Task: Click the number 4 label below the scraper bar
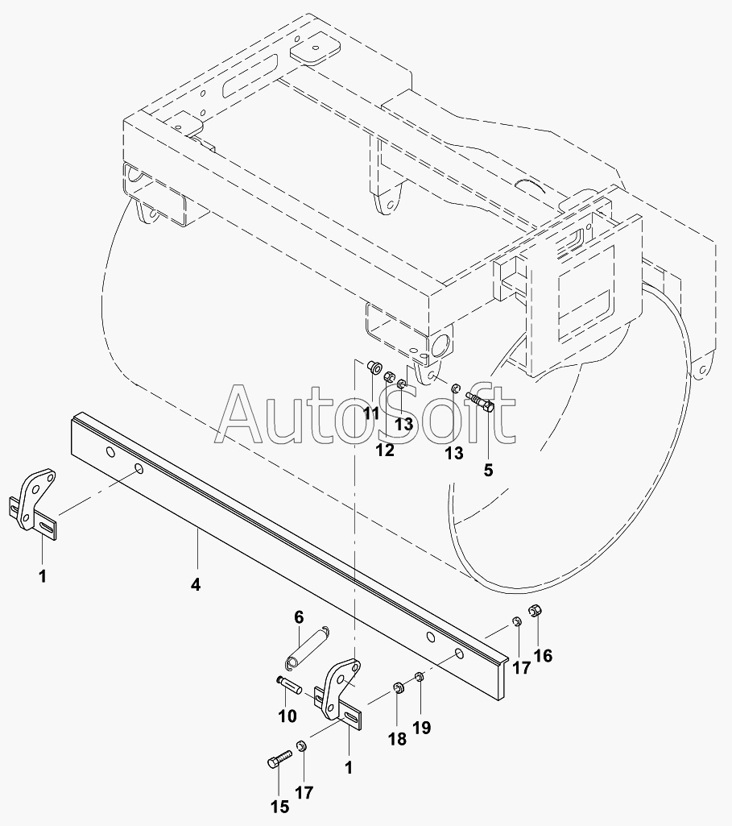[x=196, y=585]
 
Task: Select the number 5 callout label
[x=488, y=470]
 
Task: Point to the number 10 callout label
[x=287, y=716]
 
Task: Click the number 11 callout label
[x=370, y=414]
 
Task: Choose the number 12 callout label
[x=385, y=450]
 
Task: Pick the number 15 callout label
[x=279, y=807]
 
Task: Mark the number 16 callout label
[x=543, y=656]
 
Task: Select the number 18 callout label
[x=397, y=739]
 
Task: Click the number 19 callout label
[x=422, y=728]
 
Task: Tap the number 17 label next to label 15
[x=304, y=792]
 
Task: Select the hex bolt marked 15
[x=276, y=760]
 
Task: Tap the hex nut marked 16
[x=532, y=612]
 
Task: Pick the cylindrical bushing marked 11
[x=373, y=367]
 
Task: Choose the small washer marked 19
[x=419, y=675]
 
